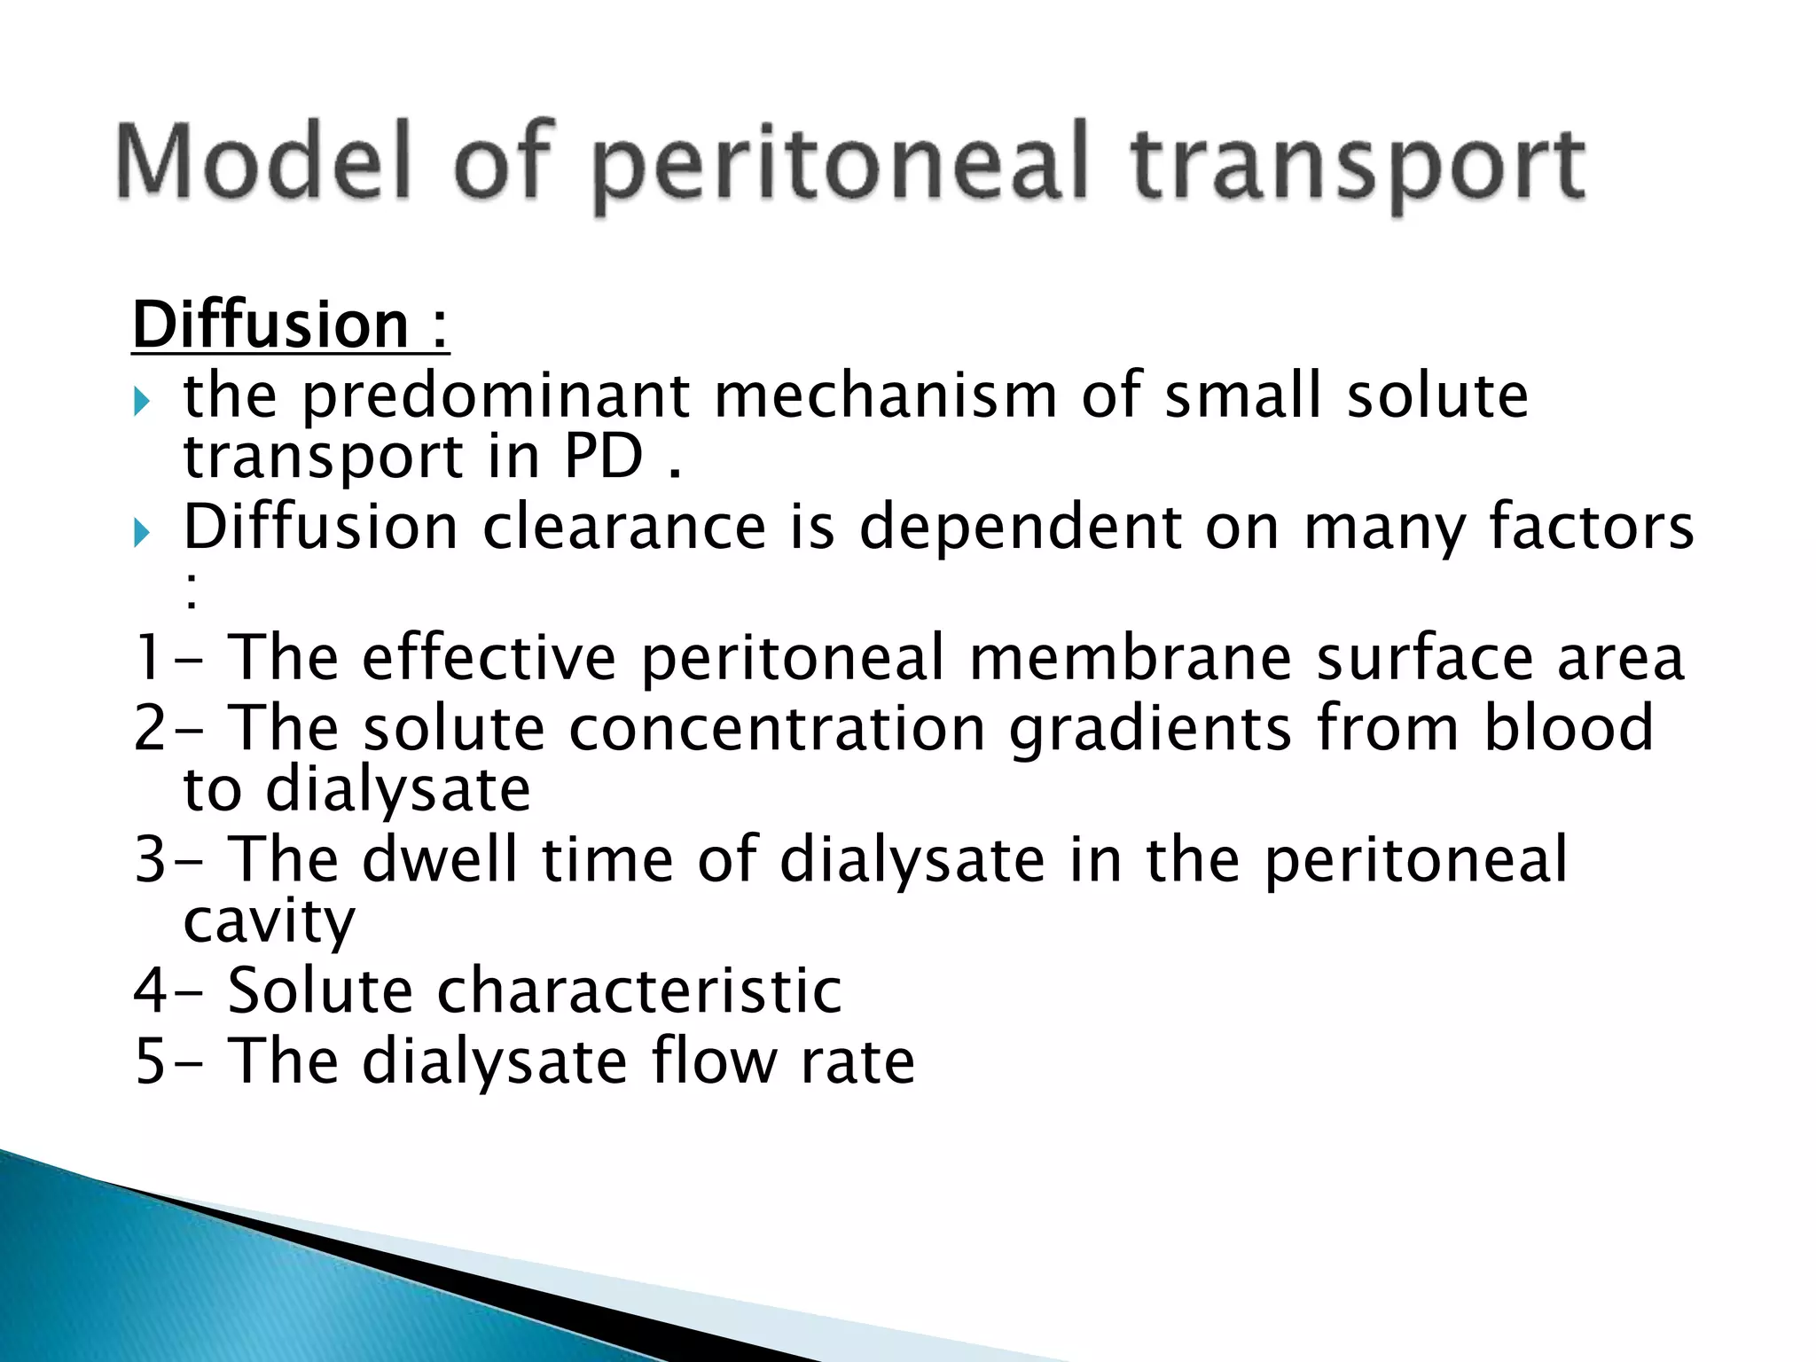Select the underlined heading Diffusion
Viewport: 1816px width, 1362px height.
pos(270,325)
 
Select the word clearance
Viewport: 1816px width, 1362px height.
pos(623,527)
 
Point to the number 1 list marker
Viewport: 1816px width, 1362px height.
pos(147,658)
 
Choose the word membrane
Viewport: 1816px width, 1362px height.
pos(1130,658)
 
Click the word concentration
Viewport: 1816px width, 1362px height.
pos(777,729)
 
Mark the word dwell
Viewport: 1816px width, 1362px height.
pos(440,859)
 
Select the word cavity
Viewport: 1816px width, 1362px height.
pos(269,922)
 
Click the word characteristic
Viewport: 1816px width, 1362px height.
pos(638,990)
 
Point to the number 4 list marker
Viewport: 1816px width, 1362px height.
pos(150,990)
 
